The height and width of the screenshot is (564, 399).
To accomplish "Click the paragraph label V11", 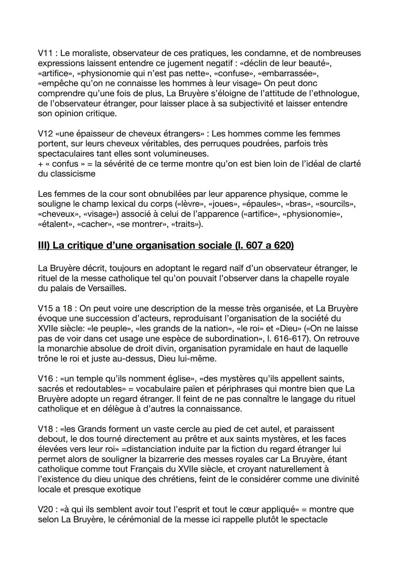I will [x=45, y=54].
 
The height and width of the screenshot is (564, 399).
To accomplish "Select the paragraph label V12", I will [x=45, y=134].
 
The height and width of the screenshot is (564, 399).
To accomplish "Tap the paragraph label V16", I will [x=45, y=379].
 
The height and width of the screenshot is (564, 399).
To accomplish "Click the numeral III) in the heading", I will [x=44, y=246].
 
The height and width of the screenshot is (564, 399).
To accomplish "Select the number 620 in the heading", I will [x=283, y=246].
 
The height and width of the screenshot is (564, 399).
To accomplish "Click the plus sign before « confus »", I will [x=40, y=164].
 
